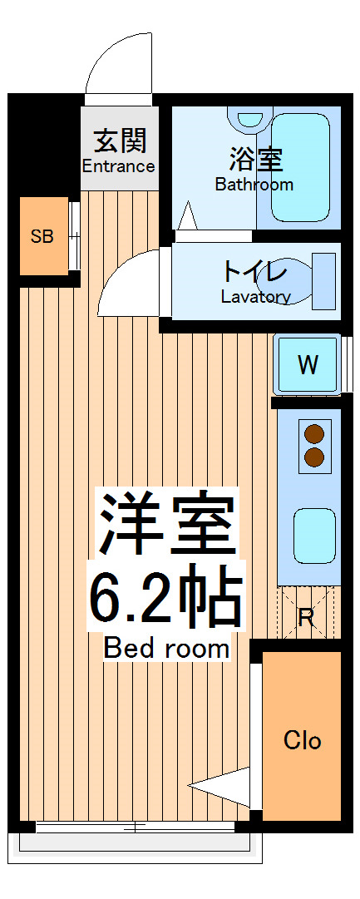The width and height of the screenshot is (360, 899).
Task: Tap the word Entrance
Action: pyautogui.click(x=118, y=165)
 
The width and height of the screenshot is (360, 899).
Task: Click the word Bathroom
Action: pyautogui.click(x=254, y=185)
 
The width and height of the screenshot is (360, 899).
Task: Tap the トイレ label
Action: pyautogui.click(x=254, y=272)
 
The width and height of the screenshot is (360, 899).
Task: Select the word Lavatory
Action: pyautogui.click(x=255, y=297)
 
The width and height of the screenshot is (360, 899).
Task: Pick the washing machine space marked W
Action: pyautogui.click(x=308, y=364)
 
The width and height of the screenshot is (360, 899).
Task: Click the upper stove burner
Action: pyautogui.click(x=314, y=433)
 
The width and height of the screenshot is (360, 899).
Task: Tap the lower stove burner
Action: pyautogui.click(x=314, y=457)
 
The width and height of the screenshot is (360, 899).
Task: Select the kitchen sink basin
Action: pyautogui.click(x=314, y=536)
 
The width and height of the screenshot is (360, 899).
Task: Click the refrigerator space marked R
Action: pyautogui.click(x=306, y=616)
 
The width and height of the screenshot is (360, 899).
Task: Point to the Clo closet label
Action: pyautogui.click(x=302, y=740)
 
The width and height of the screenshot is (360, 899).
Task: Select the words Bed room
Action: pyautogui.click(x=166, y=648)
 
